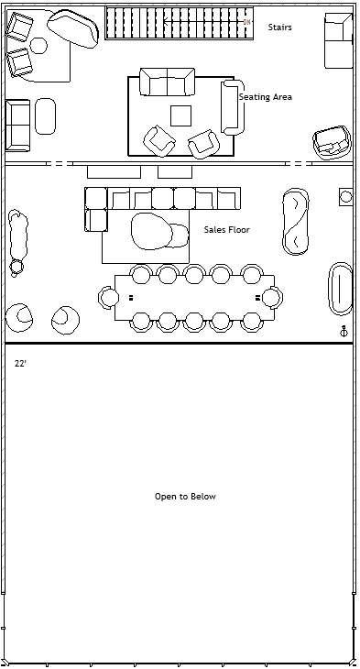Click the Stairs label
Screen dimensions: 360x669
pos(279,27)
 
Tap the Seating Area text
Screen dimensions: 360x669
pos(266,97)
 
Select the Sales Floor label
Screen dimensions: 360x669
pos(226,229)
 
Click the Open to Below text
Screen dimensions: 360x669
pos(185,496)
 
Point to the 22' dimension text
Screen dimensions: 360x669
pos(20,364)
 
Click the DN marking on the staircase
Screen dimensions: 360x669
pos(246,22)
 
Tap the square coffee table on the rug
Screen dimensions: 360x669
pos(180,115)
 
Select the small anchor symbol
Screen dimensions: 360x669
pos(344,331)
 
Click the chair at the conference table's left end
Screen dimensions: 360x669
pos(107,297)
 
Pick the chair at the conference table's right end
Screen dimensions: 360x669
pos(273,297)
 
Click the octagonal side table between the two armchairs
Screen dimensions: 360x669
pos(38,45)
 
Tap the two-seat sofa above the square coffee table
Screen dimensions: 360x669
pos(168,82)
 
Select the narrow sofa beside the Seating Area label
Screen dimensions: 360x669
pos(233,107)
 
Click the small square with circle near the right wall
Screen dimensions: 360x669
pos(346,197)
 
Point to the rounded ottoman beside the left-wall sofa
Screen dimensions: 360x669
pos(45,116)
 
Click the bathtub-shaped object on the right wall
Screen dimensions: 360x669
pos(341,289)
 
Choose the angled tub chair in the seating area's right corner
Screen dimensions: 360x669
pos(332,142)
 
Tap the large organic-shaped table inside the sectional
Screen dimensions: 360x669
pos(152,231)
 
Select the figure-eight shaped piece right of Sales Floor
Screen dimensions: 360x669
pos(295,222)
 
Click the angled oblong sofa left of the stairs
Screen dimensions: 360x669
pos(73,28)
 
